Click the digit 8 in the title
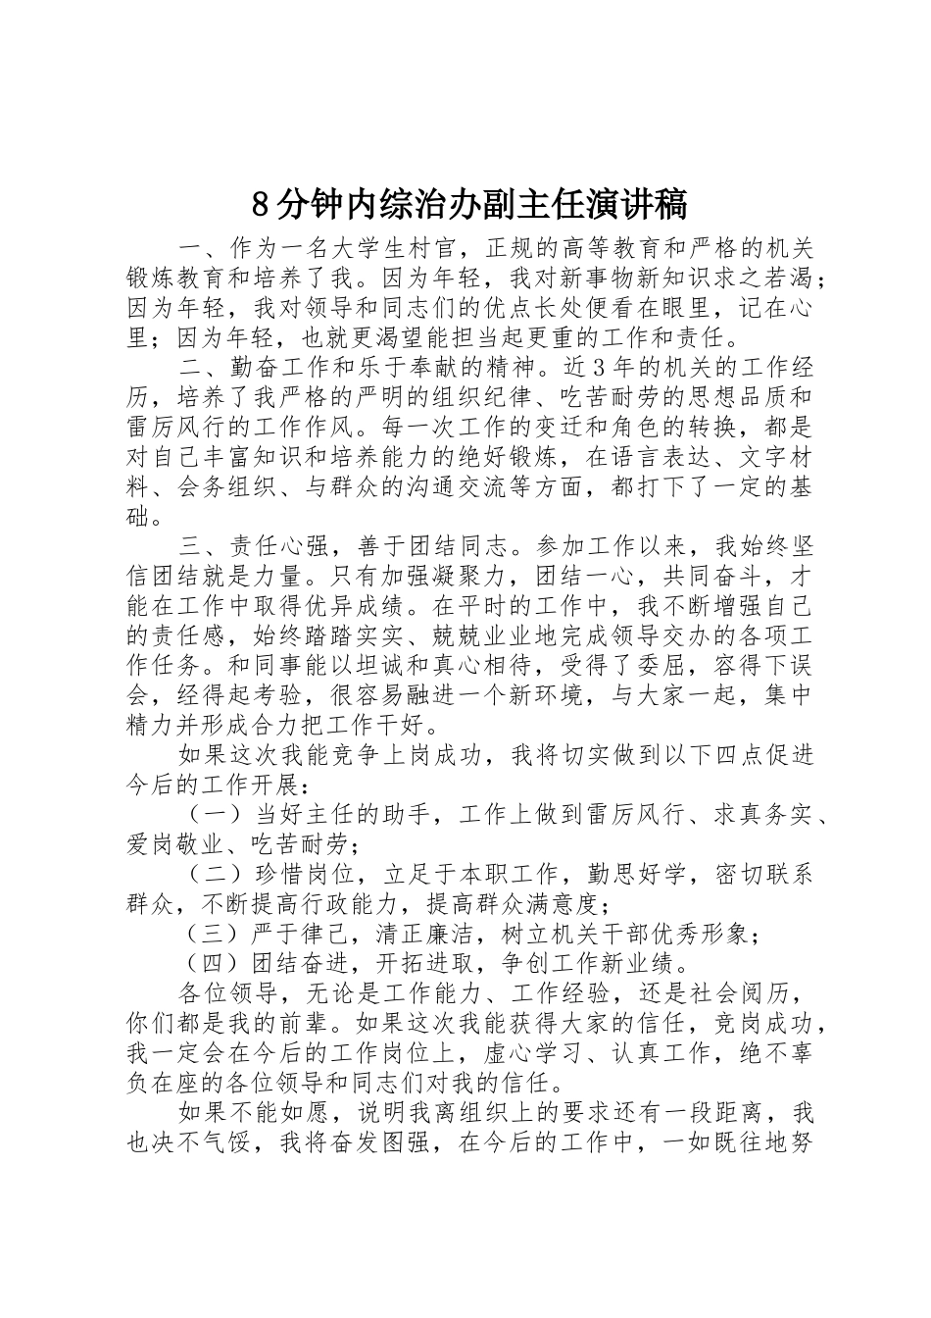[260, 204]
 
